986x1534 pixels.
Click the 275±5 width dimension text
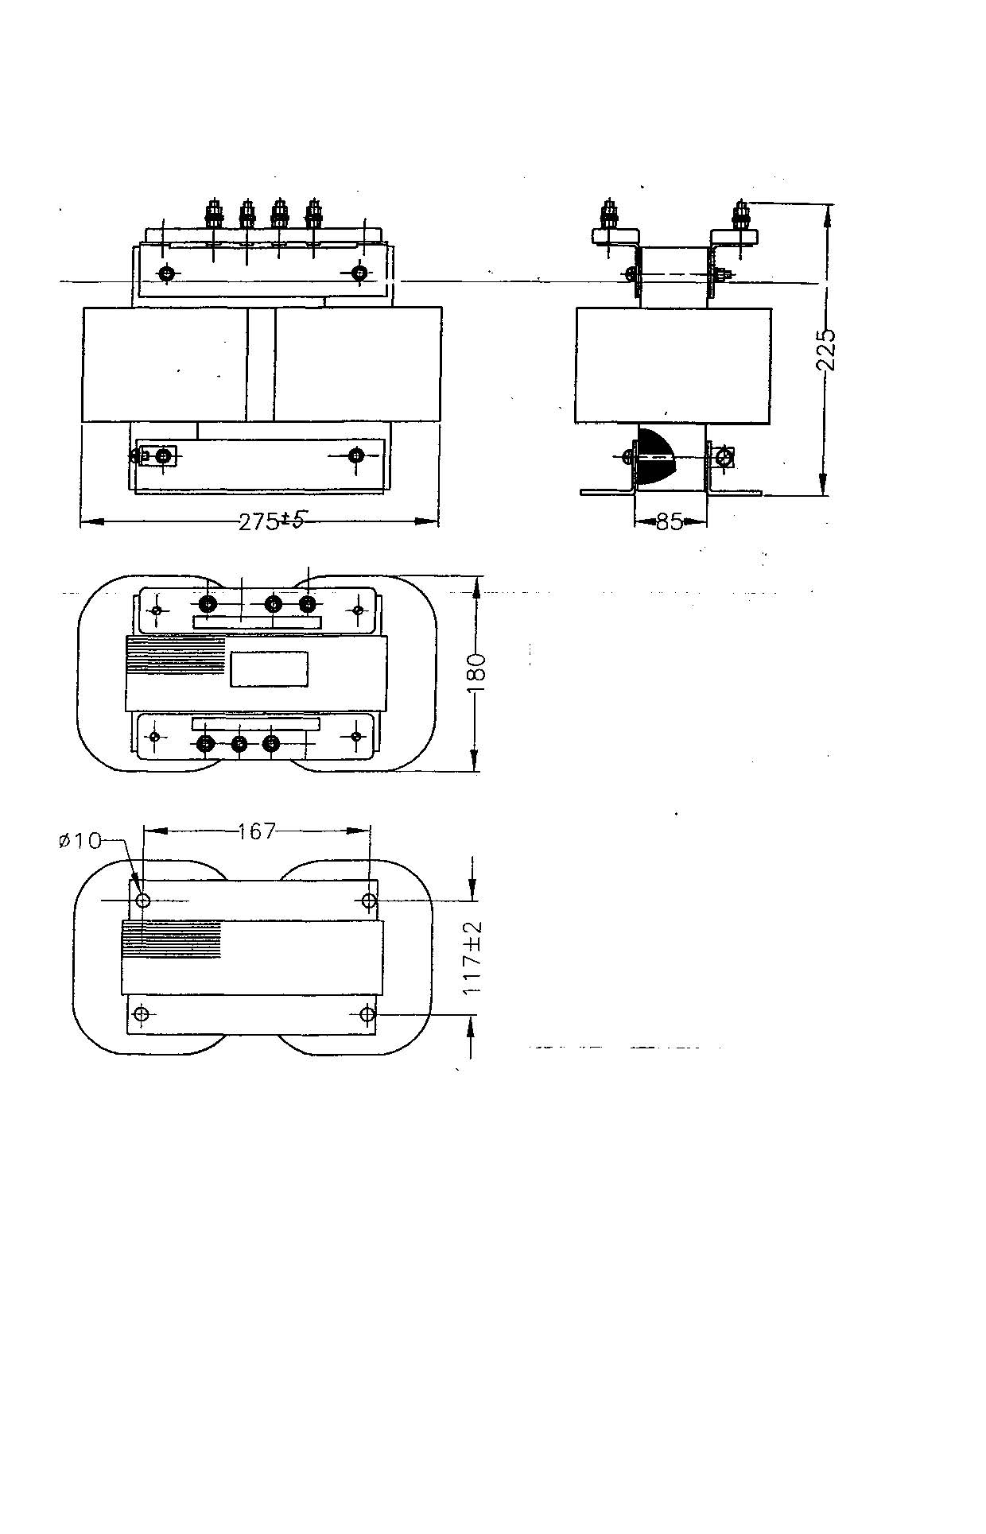[x=272, y=521]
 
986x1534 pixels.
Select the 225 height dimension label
[x=827, y=350]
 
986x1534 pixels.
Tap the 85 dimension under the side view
[x=670, y=521]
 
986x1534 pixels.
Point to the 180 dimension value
[x=476, y=673]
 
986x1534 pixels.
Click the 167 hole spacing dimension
[x=257, y=831]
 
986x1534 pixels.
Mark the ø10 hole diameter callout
[x=80, y=840]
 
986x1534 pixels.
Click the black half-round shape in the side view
[x=656, y=457]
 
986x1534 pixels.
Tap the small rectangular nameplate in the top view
[x=270, y=668]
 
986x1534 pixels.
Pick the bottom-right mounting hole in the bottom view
[x=368, y=1014]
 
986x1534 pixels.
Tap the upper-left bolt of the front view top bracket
[x=166, y=273]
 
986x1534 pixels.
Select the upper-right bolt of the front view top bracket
[x=360, y=273]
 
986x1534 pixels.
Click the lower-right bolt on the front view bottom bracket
[x=357, y=455]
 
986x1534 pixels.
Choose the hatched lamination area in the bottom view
[x=171, y=940]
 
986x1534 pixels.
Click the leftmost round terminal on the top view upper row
[x=208, y=604]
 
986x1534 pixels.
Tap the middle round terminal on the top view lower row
[x=239, y=744]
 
